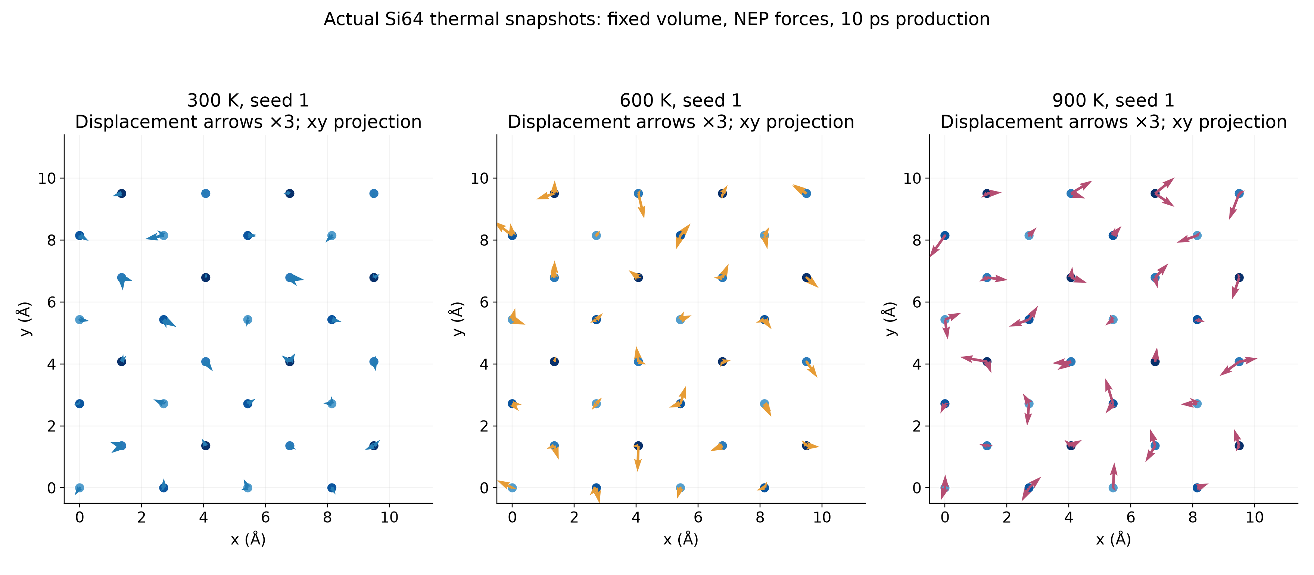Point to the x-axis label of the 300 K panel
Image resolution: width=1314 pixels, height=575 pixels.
point(248,539)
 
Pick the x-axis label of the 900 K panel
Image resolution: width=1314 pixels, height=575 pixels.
point(1113,539)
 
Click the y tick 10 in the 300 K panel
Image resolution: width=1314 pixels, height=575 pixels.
point(47,178)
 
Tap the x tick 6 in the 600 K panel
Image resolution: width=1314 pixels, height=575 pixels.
point(698,517)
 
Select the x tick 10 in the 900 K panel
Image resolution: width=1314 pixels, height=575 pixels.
point(1254,517)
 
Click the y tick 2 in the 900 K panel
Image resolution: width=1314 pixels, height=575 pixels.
point(917,426)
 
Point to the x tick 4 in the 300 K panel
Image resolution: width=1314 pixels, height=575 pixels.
point(203,517)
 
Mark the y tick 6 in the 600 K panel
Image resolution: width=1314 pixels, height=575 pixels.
point(484,302)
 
